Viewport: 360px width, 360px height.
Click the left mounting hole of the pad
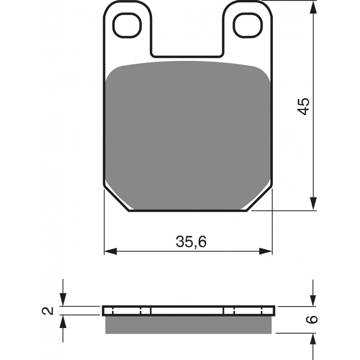click(127, 25)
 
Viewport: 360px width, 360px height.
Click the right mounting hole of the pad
click(248, 25)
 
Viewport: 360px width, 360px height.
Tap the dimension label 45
click(303, 106)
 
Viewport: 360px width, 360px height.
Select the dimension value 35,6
click(191, 241)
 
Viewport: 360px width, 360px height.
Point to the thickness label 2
click(48, 311)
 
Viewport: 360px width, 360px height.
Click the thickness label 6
click(312, 320)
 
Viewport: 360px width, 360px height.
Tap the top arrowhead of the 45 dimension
click(313, 7)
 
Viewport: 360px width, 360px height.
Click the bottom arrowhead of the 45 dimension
click(313, 204)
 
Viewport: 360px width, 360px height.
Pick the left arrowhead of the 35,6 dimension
click(111, 251)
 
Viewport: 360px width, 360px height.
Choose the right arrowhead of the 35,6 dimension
click(266, 251)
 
